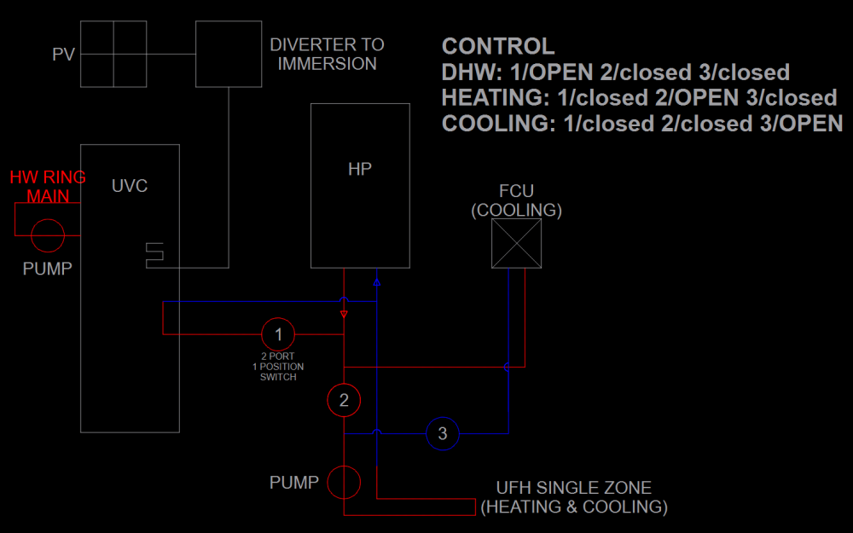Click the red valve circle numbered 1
point(278,333)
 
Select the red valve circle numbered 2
point(344,399)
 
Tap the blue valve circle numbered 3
point(442,433)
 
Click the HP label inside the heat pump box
point(360,169)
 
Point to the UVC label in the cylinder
point(130,185)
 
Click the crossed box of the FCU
point(517,243)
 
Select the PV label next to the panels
point(64,55)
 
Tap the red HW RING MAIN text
point(48,187)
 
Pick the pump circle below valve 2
point(344,482)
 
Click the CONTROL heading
point(498,46)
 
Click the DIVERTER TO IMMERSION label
point(327,54)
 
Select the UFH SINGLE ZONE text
point(574,488)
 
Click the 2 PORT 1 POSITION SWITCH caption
point(278,366)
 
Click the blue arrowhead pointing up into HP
point(376,281)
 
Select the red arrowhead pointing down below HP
point(344,314)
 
